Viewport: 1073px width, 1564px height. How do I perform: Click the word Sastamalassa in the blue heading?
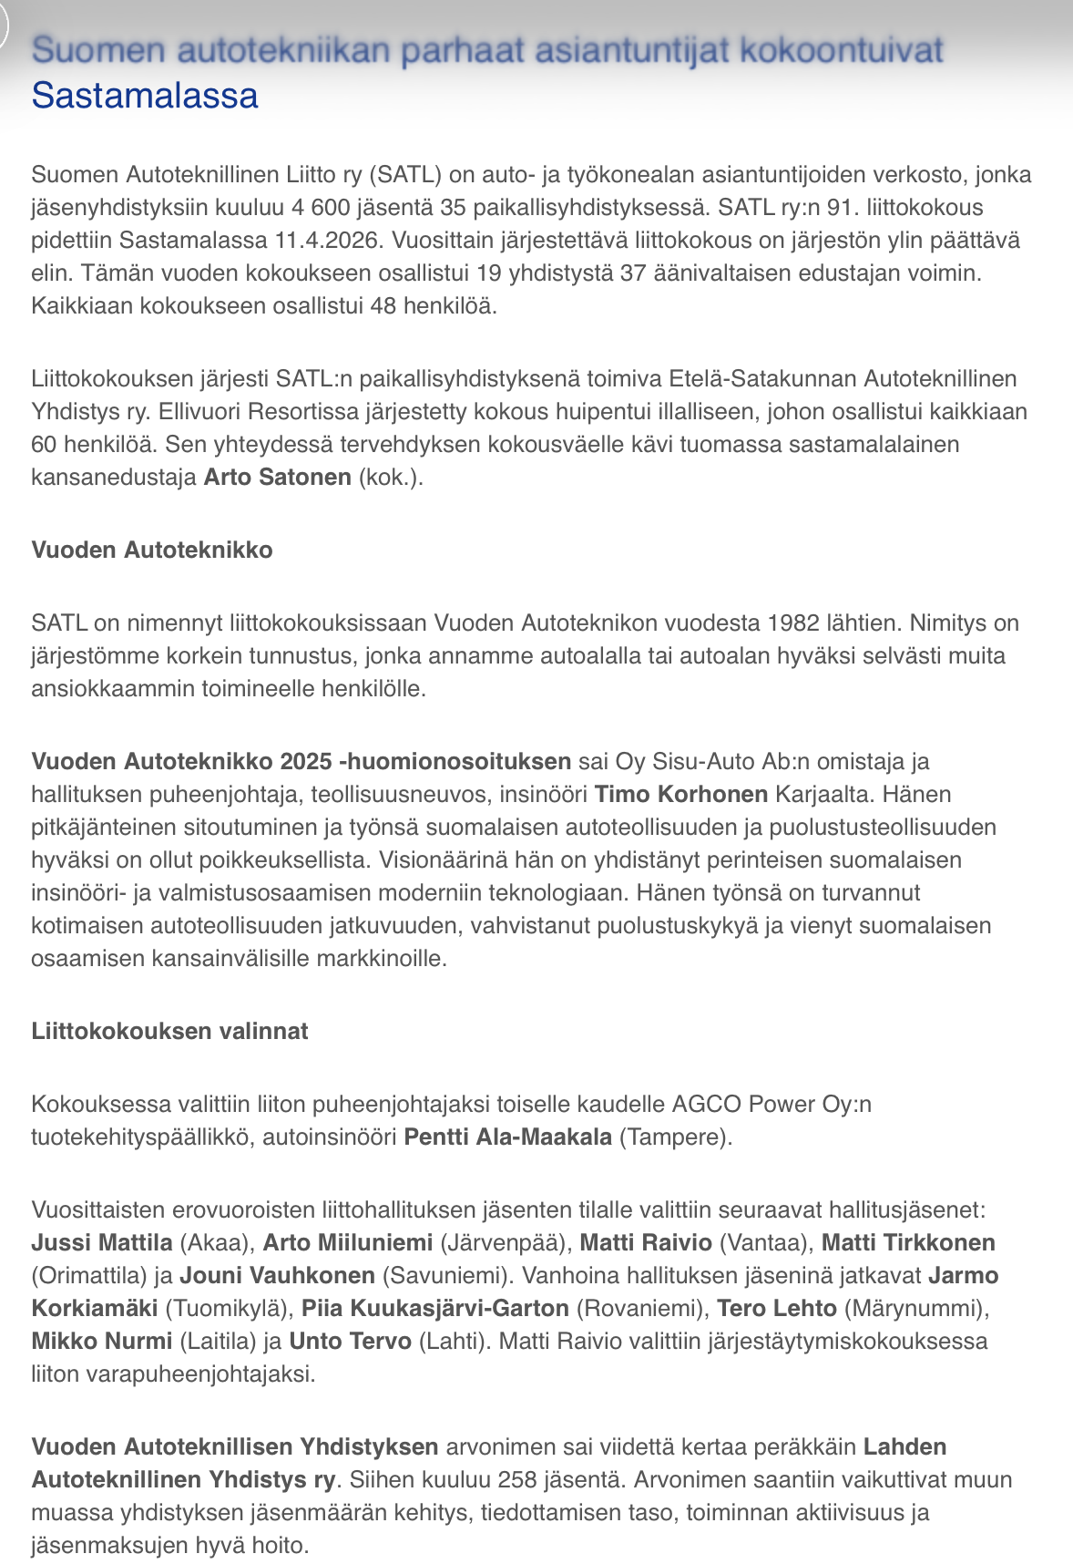point(145,96)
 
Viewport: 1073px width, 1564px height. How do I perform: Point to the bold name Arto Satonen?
point(278,477)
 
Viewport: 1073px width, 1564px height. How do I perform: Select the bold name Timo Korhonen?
point(681,794)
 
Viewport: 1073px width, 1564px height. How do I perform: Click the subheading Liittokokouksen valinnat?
point(169,1031)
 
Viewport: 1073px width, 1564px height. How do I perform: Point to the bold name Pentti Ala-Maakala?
point(508,1137)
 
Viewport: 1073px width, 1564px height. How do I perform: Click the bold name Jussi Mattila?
point(102,1242)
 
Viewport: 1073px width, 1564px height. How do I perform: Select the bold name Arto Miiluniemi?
point(348,1242)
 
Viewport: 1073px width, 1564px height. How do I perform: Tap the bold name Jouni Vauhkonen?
point(277,1275)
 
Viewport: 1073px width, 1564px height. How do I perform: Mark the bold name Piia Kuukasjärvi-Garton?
point(435,1308)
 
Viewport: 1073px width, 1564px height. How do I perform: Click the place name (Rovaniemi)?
point(641,1308)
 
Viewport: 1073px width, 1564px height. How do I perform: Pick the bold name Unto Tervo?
point(351,1341)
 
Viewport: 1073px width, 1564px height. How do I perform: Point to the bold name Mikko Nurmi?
point(102,1341)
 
